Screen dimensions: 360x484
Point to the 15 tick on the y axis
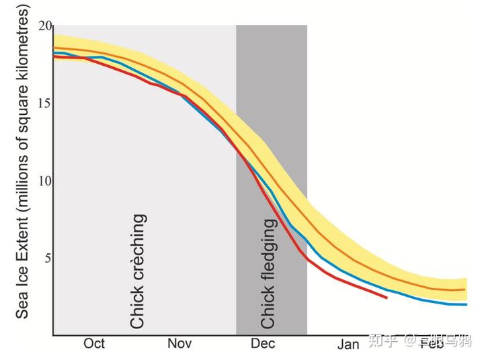pyautogui.click(x=44, y=104)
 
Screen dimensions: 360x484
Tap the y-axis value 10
pyautogui.click(x=44, y=181)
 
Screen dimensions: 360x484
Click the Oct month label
pyautogui.click(x=94, y=344)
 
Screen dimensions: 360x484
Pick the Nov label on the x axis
pyautogui.click(x=179, y=344)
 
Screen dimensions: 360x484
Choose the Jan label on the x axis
pyautogui.click(x=348, y=345)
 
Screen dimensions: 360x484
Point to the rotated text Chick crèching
pyautogui.click(x=138, y=271)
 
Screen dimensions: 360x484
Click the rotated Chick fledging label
pyautogui.click(x=268, y=273)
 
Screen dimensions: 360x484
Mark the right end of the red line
pyautogui.click(x=387, y=297)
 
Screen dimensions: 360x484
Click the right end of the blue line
pyautogui.click(x=466, y=304)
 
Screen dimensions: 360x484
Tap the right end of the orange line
pyautogui.click(x=465, y=289)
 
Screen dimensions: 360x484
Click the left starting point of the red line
pyautogui.click(x=54, y=57)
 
